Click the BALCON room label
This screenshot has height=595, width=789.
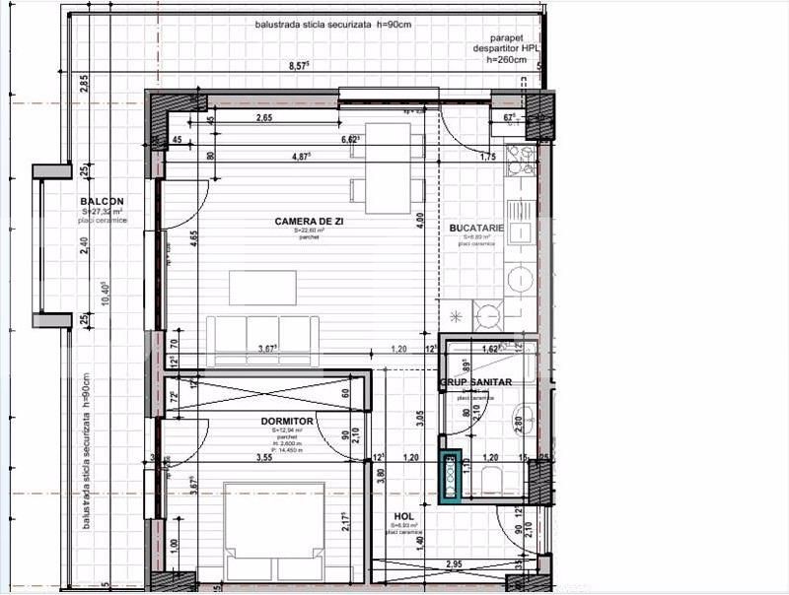coord(102,201)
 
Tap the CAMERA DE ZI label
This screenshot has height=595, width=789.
coord(309,222)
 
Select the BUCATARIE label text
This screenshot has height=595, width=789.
coord(476,229)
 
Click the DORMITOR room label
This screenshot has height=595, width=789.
coord(287,422)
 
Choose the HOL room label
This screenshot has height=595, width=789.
coord(403,515)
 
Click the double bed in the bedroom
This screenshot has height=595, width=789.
coord(276,532)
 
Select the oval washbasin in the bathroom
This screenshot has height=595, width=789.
coord(524,418)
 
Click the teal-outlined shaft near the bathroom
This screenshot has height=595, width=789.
coord(450,477)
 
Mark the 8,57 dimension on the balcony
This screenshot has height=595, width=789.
coord(298,66)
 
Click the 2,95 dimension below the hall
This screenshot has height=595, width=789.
coord(454,563)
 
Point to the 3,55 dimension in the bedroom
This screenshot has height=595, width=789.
coord(263,458)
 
